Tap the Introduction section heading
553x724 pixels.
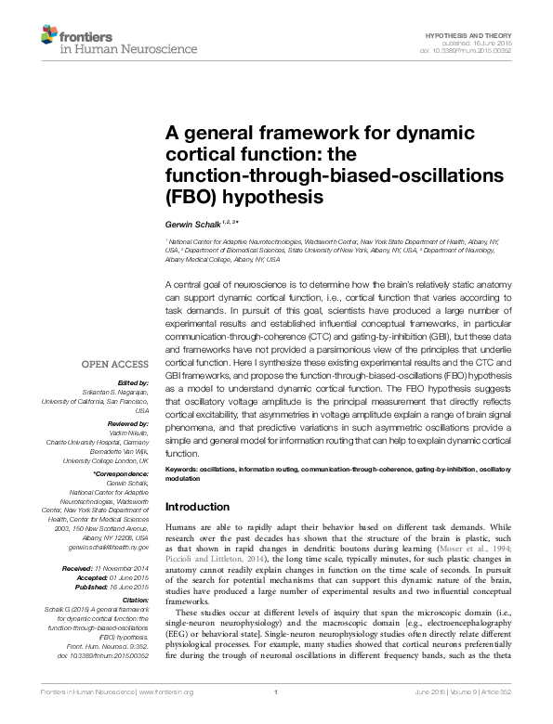click(197, 507)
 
